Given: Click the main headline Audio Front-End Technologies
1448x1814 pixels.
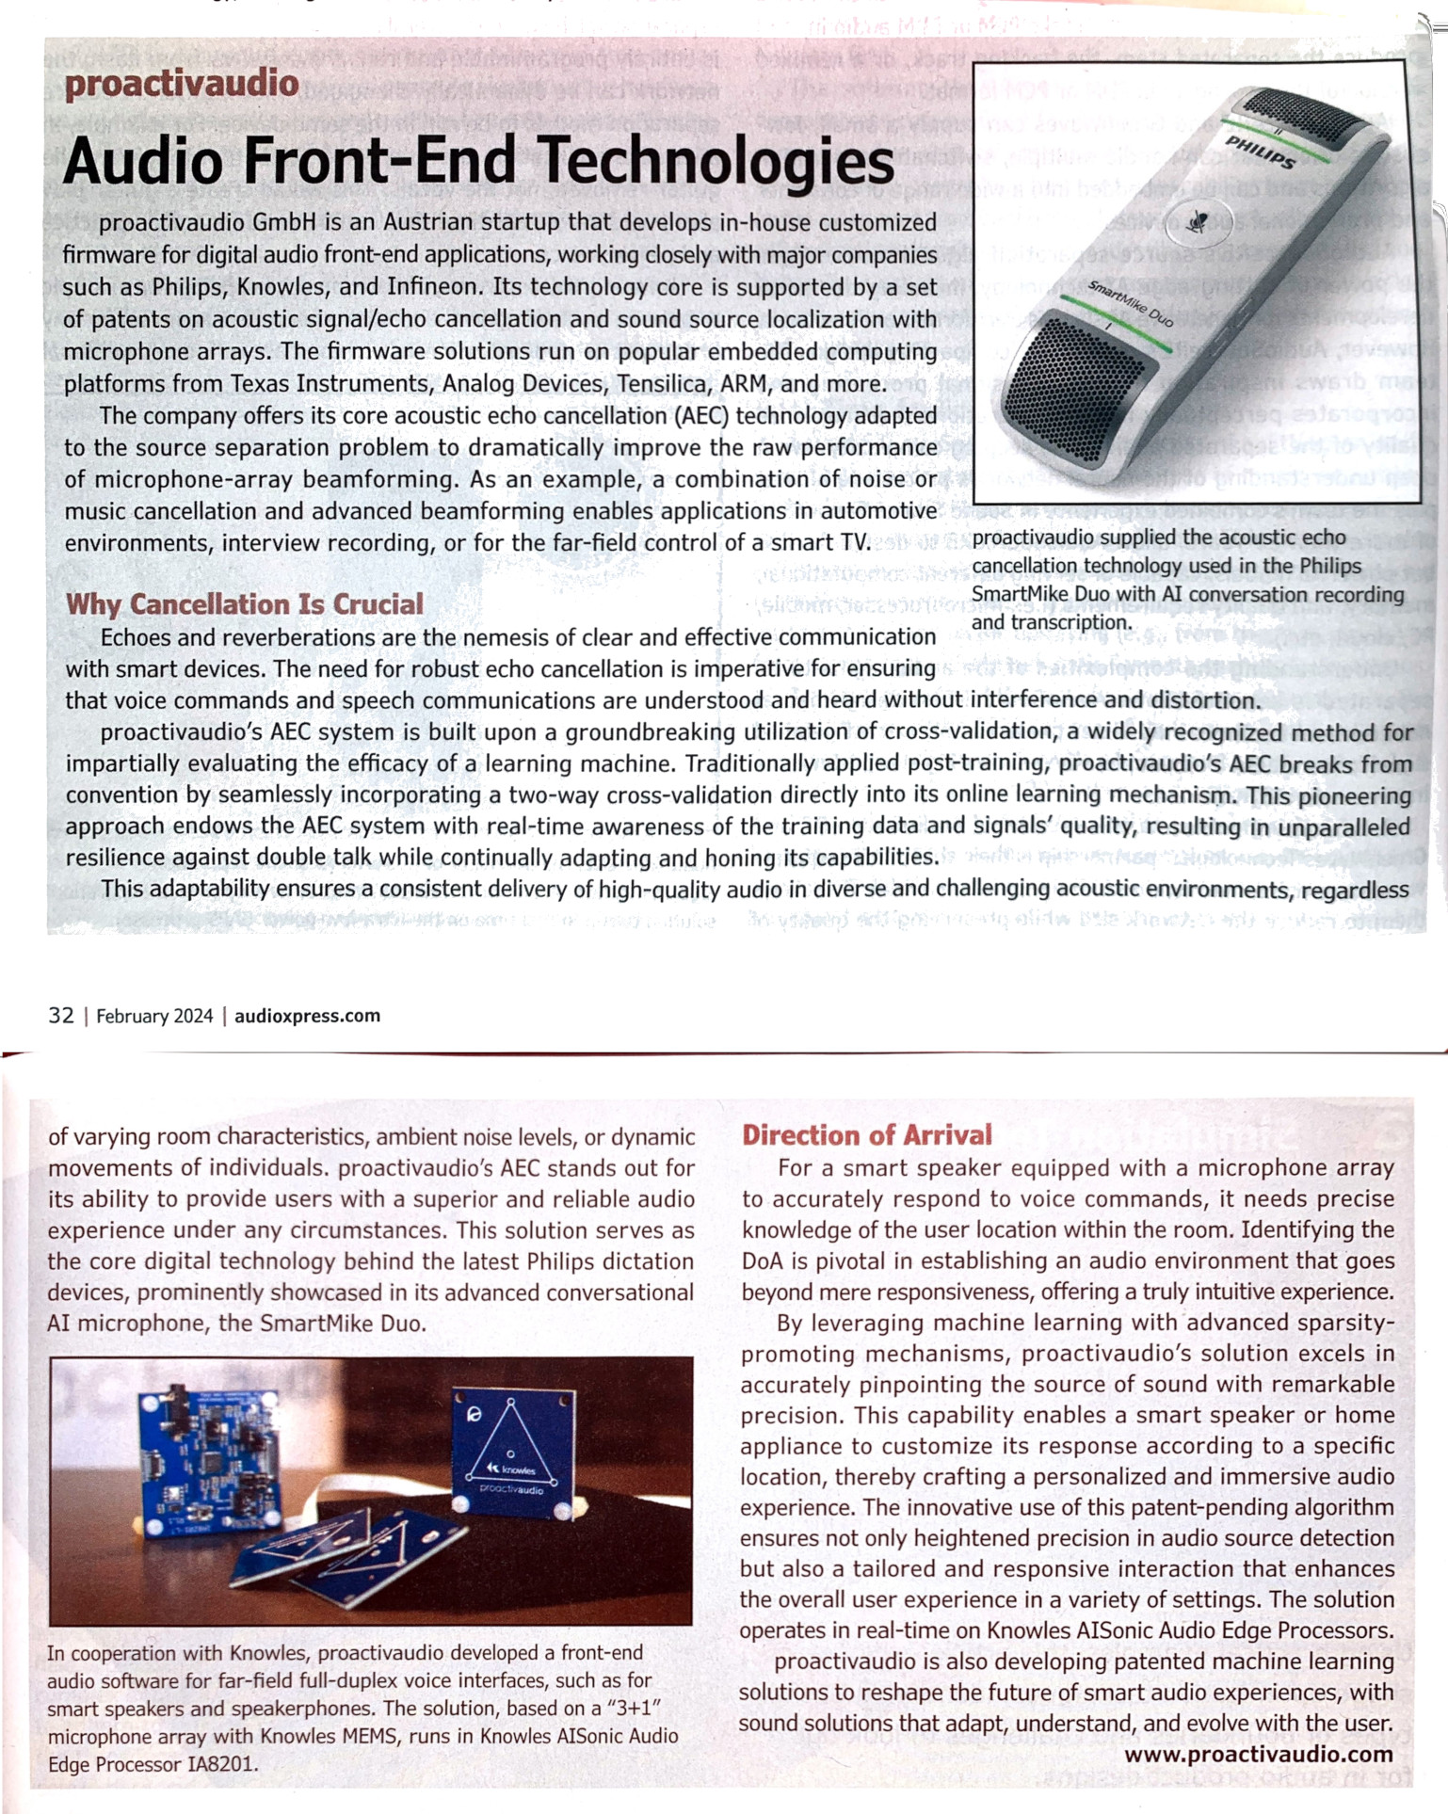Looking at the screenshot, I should click(x=478, y=160).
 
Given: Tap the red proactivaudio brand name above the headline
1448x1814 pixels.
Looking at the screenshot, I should click(x=182, y=84).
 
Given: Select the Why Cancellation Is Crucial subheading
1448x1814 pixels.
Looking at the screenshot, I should click(x=245, y=604).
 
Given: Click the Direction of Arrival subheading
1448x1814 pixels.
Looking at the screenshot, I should click(x=867, y=1135).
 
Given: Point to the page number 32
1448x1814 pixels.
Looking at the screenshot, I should click(x=61, y=1016).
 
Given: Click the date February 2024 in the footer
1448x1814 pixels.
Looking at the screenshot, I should click(x=154, y=1017).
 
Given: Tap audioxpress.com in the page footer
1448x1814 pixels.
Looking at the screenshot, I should click(x=307, y=1016).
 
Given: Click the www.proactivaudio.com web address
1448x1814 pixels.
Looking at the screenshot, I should click(x=1259, y=1755).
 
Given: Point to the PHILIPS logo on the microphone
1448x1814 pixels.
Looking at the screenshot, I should click(x=1260, y=152).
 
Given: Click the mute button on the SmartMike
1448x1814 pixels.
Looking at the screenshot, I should click(x=1198, y=222).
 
